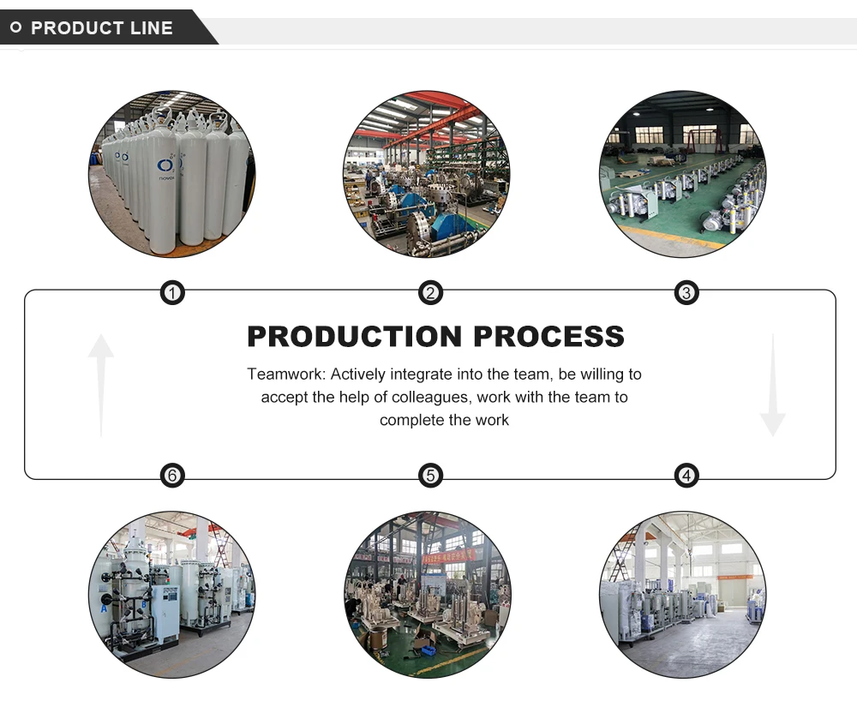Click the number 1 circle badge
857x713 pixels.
click(172, 294)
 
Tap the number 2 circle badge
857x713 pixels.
click(430, 294)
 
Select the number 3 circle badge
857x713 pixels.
click(686, 294)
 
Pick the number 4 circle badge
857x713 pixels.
click(686, 475)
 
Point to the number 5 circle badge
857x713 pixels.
click(430, 475)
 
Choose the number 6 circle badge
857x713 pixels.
click(172, 475)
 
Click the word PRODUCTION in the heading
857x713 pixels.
click(354, 336)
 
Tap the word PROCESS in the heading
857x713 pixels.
click(549, 336)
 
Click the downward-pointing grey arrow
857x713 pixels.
click(772, 386)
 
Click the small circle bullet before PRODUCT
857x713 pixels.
click(15, 27)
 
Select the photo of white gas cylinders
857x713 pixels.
click(171, 173)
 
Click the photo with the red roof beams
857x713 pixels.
click(427, 173)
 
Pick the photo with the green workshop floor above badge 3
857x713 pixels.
click(682, 173)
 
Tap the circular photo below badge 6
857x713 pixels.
click(171, 595)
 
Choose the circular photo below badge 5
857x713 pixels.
click(427, 595)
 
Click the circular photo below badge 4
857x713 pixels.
click(682, 595)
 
